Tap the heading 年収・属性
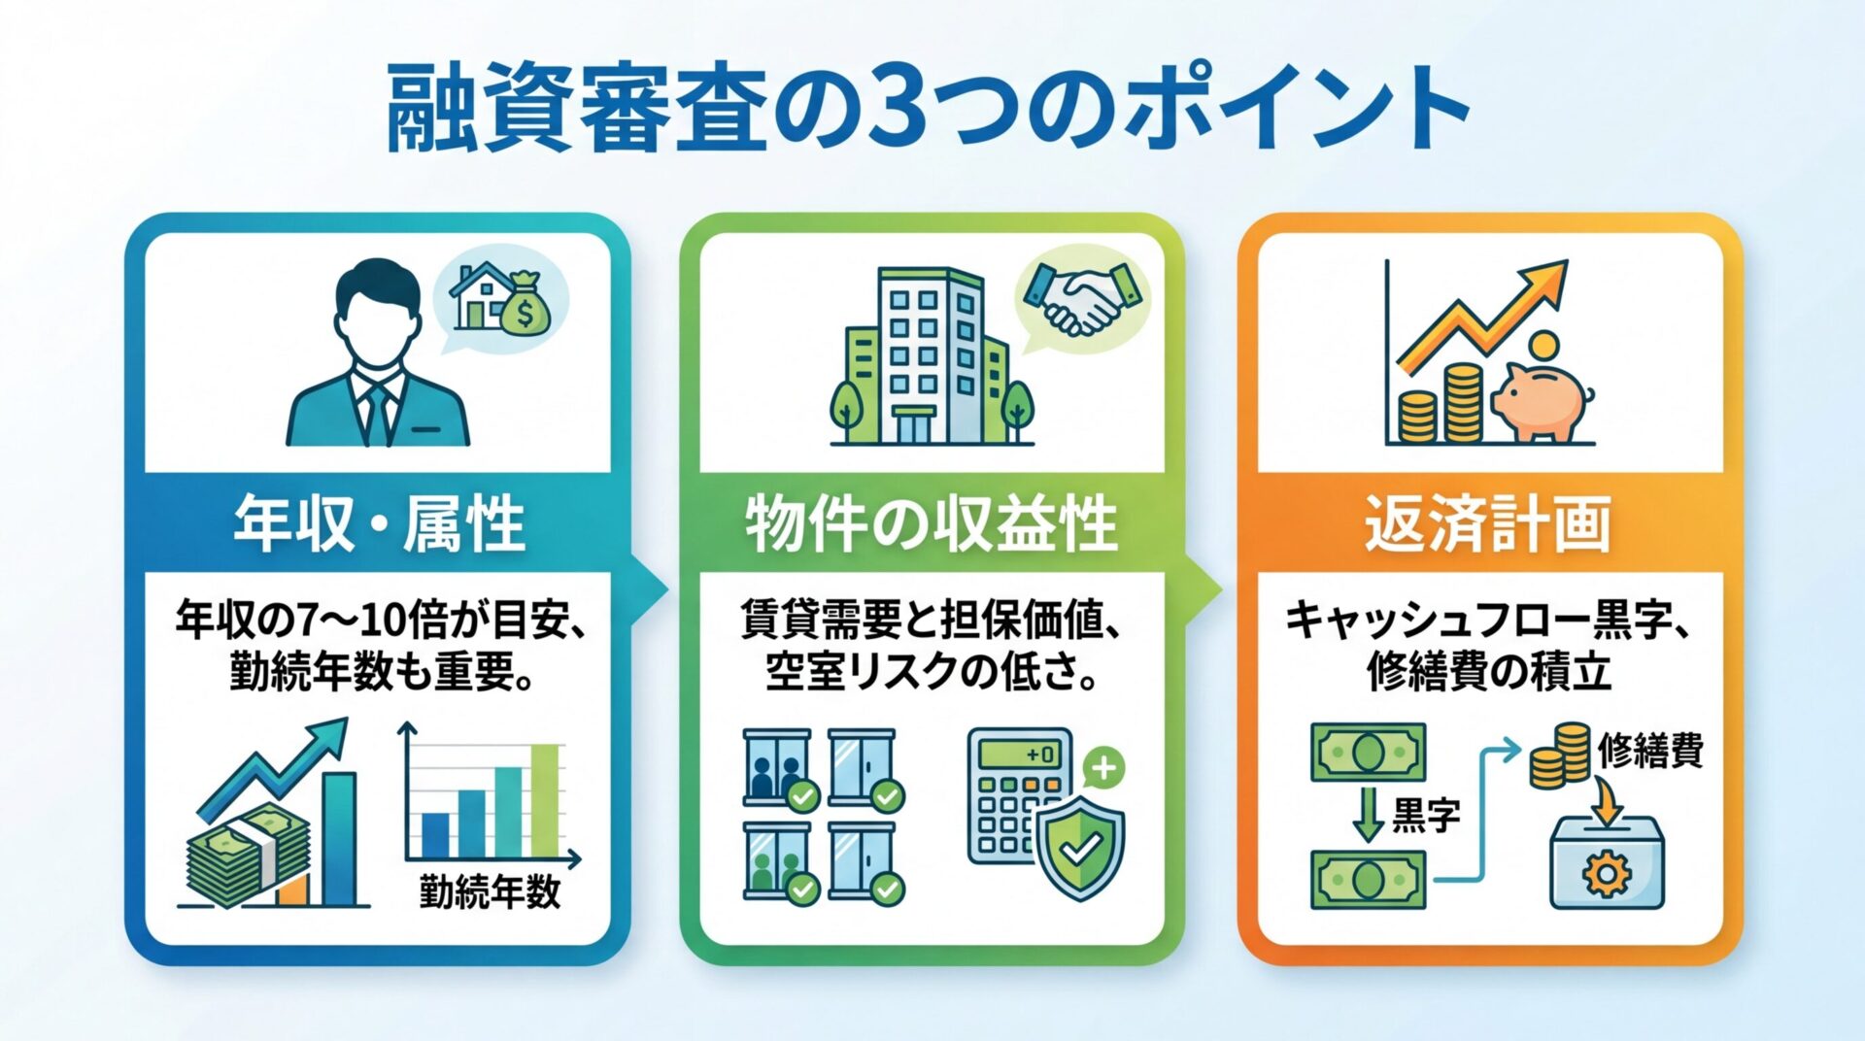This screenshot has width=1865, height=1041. click(x=379, y=523)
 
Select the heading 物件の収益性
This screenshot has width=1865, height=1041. click(x=932, y=523)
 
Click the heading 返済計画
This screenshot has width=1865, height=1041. click(x=1488, y=523)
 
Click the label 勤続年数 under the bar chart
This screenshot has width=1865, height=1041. click(x=491, y=890)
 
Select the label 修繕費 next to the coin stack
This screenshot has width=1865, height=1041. click(x=1650, y=751)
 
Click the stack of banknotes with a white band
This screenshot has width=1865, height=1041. click(x=248, y=859)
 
